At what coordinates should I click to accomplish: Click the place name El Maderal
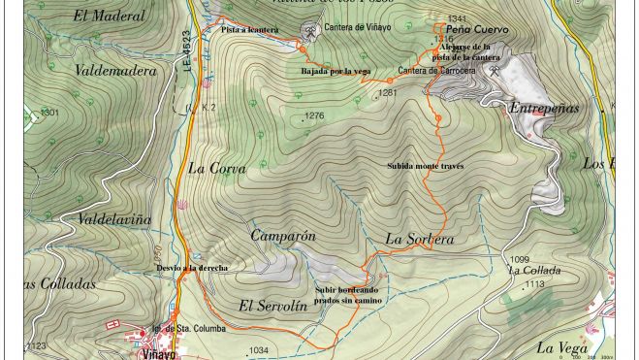[109, 16]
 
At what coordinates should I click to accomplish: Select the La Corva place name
[216, 168]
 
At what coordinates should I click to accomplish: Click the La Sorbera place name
[419, 239]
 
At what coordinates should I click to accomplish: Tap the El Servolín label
[272, 306]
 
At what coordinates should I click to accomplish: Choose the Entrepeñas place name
[544, 108]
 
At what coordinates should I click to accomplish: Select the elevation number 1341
[457, 19]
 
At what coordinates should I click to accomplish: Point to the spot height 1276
[313, 116]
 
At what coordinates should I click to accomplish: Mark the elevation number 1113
[533, 284]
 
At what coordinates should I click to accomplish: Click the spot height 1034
[258, 350]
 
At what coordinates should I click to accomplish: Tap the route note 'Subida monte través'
[425, 166]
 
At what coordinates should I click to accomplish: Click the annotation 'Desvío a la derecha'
[192, 268]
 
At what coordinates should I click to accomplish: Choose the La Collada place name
[534, 271]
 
